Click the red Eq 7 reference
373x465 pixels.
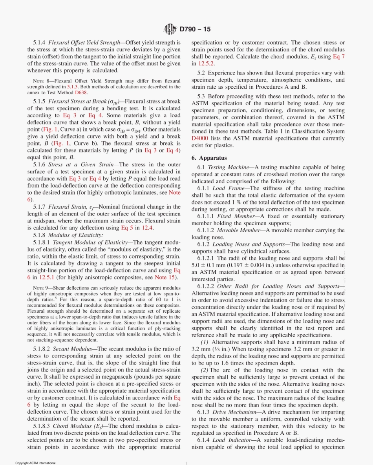tap(339, 56)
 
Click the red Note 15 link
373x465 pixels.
tap(166, 277)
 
